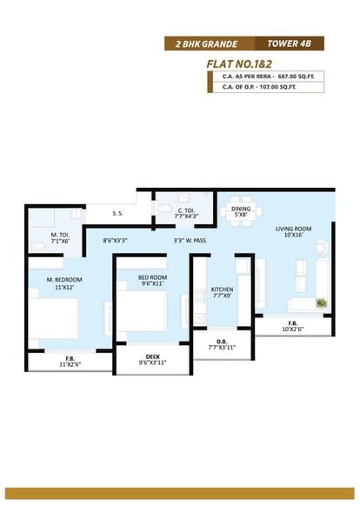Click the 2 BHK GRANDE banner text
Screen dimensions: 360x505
click(x=207, y=43)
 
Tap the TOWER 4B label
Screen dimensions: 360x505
click(x=289, y=43)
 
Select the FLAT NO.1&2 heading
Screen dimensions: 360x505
click(x=239, y=63)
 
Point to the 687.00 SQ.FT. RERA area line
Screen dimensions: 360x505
click(x=269, y=76)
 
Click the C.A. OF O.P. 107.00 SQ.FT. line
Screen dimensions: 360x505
click(x=259, y=87)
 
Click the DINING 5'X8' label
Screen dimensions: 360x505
click(x=241, y=211)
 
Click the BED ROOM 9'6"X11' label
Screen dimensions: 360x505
click(x=152, y=280)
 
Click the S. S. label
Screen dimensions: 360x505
click(x=117, y=213)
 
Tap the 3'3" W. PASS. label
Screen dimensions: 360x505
click(x=190, y=240)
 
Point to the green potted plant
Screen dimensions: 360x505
click(x=322, y=302)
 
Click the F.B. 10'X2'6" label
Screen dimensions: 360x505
click(x=293, y=326)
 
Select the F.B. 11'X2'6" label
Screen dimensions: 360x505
click(x=70, y=361)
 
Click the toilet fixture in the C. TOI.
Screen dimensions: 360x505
click(x=164, y=208)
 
